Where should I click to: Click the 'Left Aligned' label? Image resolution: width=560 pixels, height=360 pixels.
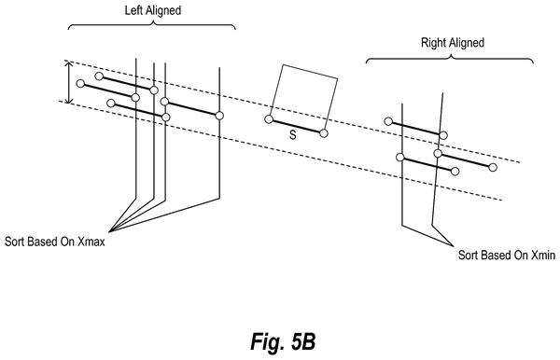[x=152, y=10]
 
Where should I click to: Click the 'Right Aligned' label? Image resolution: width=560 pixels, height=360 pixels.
[x=453, y=43]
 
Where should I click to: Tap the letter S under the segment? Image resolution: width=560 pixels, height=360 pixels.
[x=293, y=135]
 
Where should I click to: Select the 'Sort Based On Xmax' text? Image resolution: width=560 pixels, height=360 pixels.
[x=55, y=242]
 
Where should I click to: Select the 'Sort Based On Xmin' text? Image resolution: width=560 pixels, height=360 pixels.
[x=507, y=256]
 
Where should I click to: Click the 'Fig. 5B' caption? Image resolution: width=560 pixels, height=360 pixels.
[x=283, y=341]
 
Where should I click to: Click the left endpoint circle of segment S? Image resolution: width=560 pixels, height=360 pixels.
[x=269, y=119]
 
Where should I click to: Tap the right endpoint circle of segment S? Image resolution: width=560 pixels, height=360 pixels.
[x=324, y=133]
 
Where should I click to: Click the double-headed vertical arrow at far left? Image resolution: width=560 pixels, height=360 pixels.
[x=68, y=82]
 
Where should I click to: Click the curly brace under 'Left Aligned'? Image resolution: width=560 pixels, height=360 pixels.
[x=152, y=24]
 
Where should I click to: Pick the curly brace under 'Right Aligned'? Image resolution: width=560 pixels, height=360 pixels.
[x=450, y=59]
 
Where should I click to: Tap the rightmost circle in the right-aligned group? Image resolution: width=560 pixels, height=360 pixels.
[x=493, y=167]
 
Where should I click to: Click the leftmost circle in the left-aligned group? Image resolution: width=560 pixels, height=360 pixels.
[x=80, y=84]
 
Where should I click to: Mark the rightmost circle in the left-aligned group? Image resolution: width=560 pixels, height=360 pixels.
[x=219, y=116]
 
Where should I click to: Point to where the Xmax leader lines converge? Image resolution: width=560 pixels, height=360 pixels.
[x=109, y=232]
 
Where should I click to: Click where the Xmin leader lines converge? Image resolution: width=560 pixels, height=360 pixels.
[x=454, y=246]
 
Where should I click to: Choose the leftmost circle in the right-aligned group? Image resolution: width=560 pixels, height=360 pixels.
[x=388, y=121]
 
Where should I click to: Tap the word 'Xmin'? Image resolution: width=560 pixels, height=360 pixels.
[x=543, y=256]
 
